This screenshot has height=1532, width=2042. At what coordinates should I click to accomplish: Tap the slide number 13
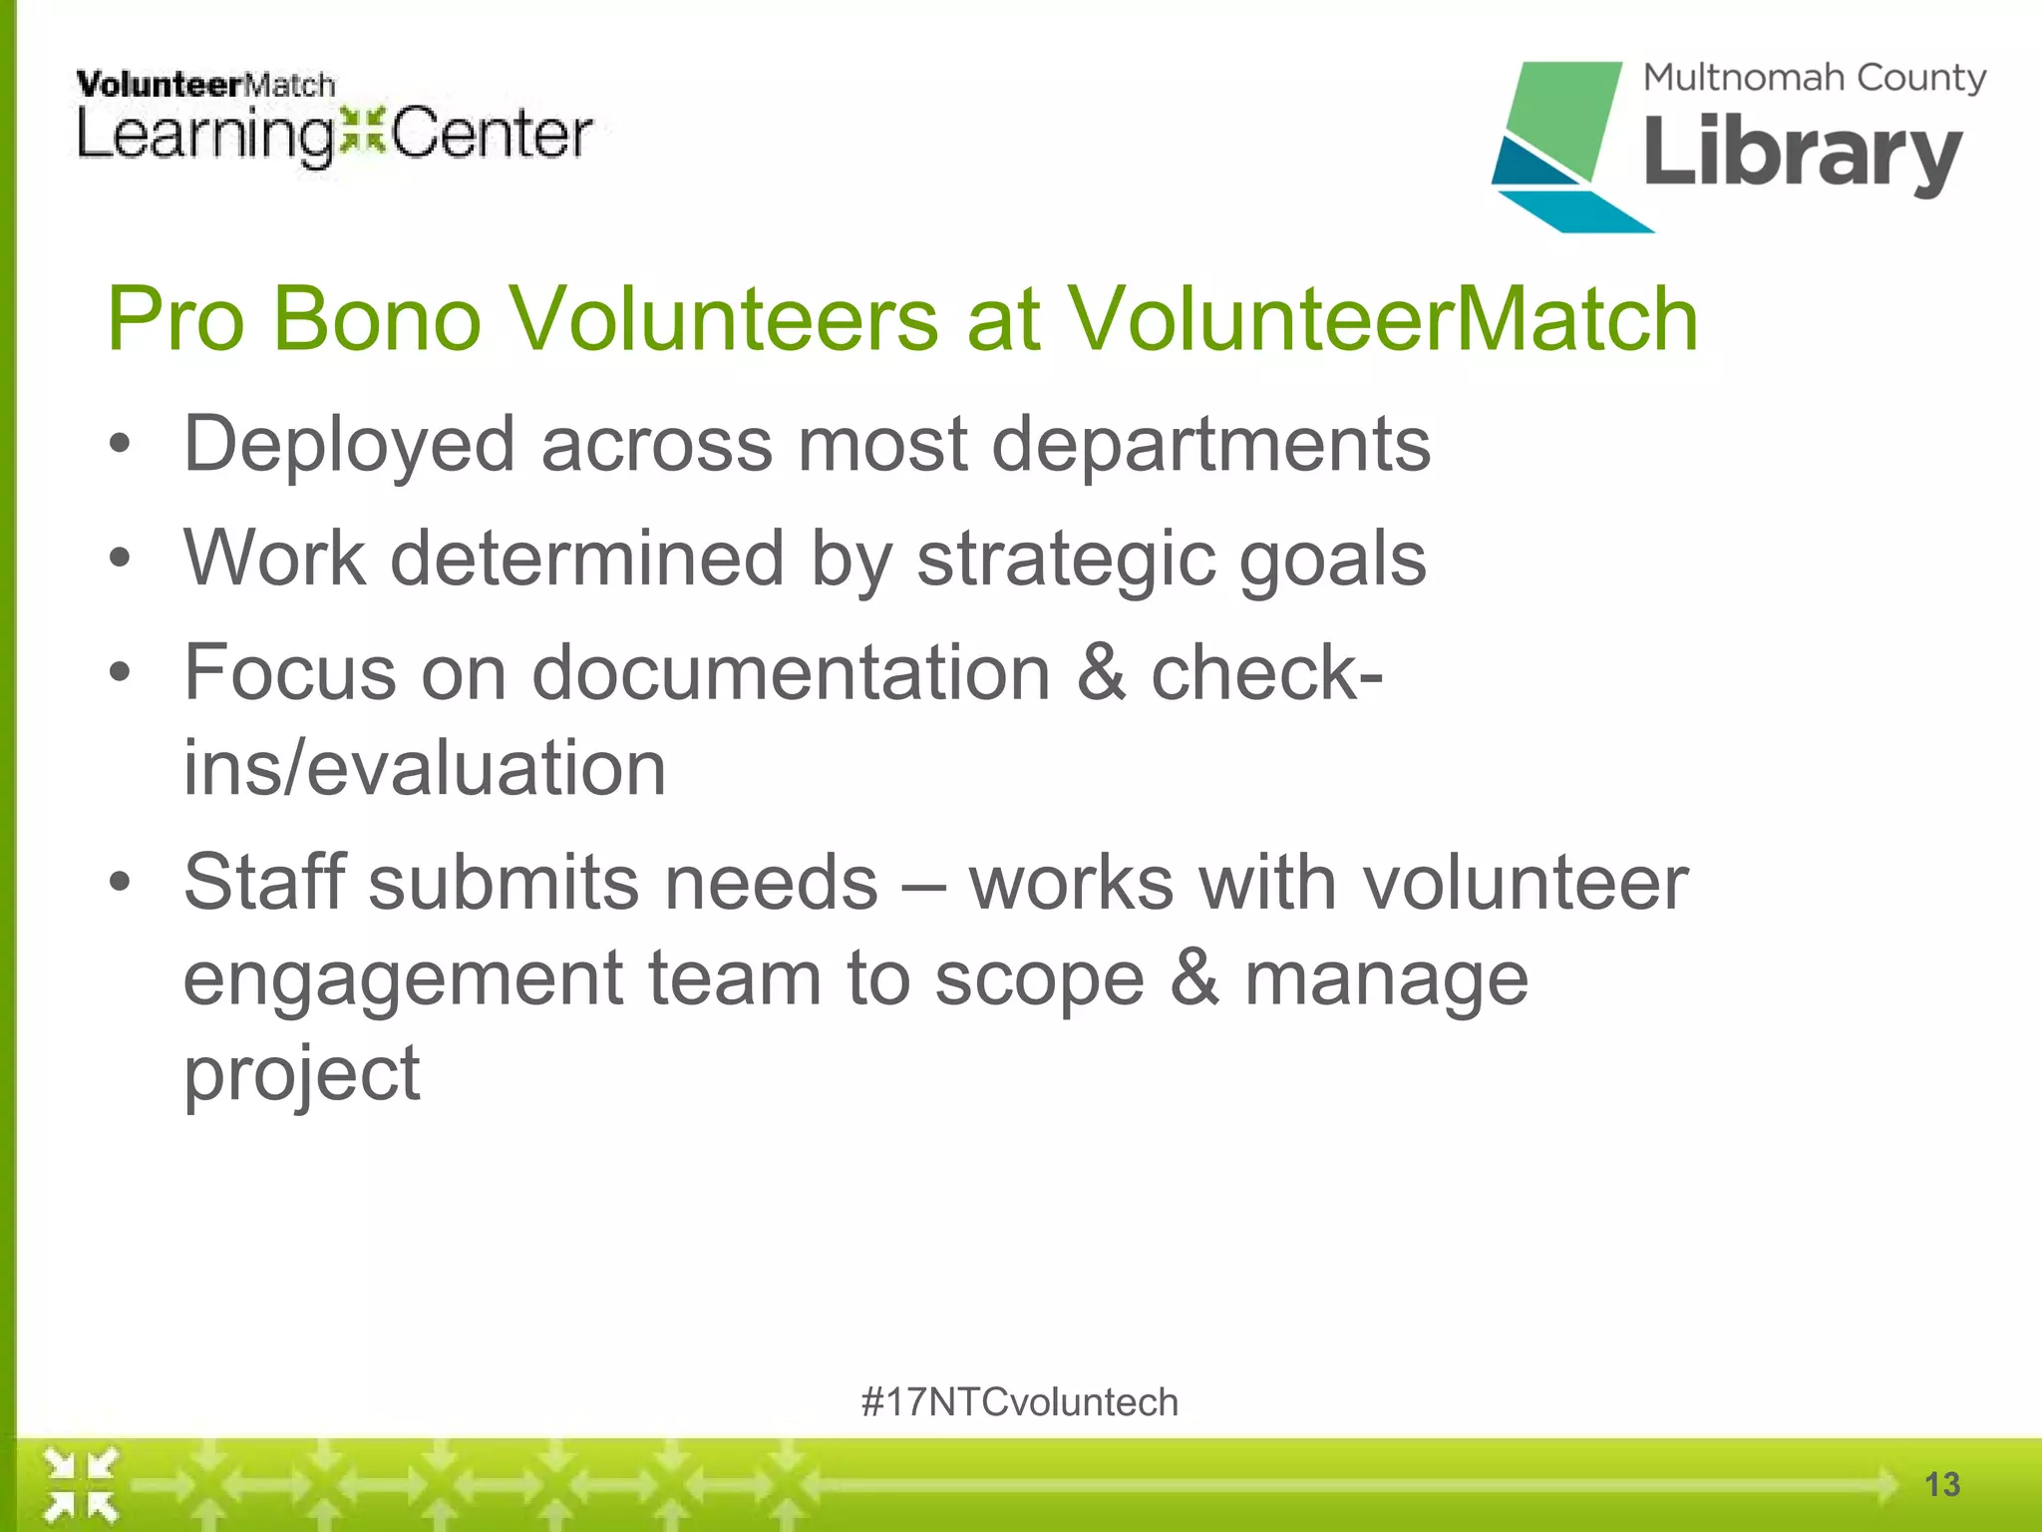1941,1484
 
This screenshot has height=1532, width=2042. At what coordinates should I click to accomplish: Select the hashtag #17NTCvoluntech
1019,1402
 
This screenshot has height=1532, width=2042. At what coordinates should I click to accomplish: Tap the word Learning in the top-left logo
204,137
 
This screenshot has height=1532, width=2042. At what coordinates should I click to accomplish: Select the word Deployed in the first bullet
349,445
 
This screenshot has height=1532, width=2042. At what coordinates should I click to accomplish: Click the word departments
1210,445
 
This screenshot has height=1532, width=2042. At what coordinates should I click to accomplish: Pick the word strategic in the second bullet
1065,560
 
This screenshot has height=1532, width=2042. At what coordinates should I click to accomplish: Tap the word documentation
791,673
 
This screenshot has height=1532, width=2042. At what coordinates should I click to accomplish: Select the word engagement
403,978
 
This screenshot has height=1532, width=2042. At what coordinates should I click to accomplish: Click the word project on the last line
302,1075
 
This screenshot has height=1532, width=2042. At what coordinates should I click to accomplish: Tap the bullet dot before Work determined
120,560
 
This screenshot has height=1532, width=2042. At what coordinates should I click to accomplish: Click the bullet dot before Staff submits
120,883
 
